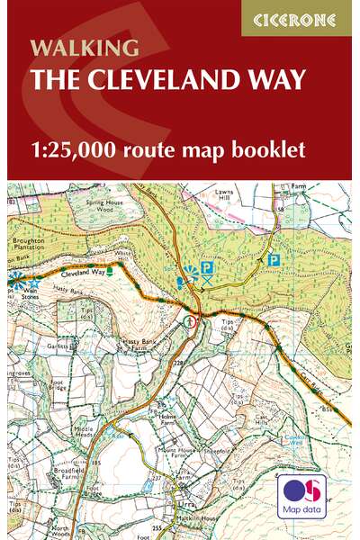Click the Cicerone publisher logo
(x=297, y=17)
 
